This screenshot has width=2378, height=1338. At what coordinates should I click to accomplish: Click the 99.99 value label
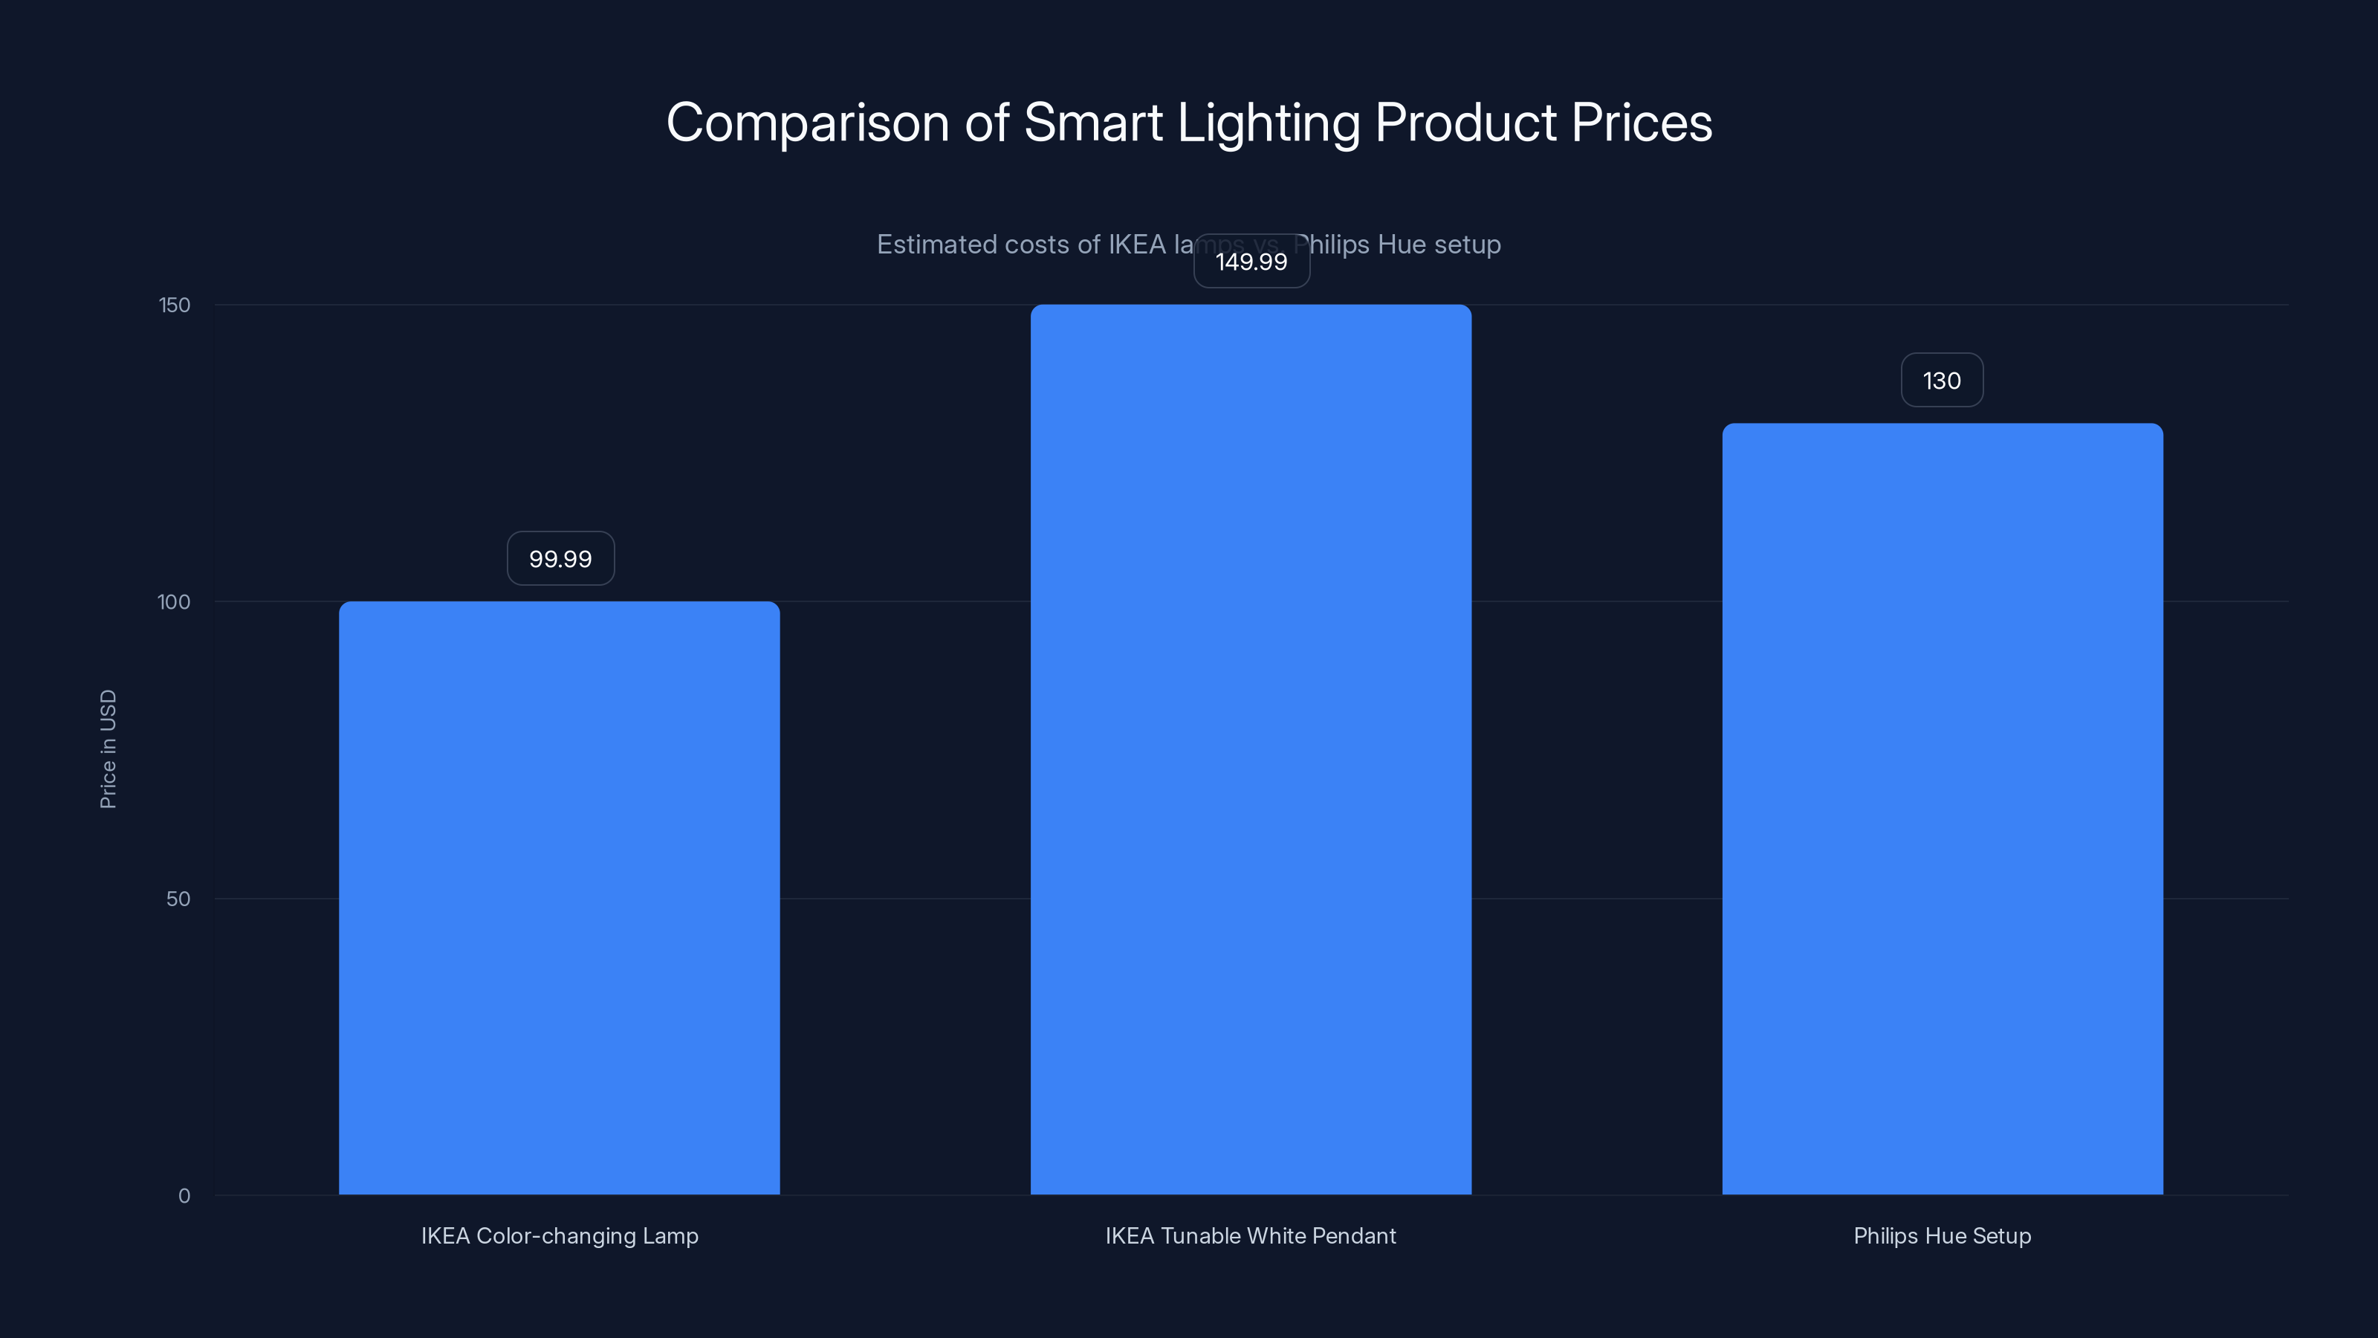[560, 559]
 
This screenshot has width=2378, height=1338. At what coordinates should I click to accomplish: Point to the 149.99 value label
[1251, 262]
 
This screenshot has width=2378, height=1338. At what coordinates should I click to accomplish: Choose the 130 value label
[1941, 381]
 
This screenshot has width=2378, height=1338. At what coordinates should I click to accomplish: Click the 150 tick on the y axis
[175, 306]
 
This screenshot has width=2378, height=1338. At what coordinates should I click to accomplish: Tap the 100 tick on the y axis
[174, 602]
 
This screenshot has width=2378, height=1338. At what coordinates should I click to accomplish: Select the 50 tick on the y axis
[178, 899]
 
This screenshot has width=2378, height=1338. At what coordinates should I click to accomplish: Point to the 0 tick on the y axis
[184, 1196]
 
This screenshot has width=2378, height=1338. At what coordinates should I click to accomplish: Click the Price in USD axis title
[108, 749]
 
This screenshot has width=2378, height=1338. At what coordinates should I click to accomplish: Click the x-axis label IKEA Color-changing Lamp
[560, 1235]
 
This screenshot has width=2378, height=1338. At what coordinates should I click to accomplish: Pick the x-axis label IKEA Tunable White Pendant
[1250, 1235]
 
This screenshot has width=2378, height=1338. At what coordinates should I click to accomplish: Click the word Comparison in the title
[807, 123]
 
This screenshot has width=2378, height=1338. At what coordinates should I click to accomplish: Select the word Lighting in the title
[1268, 123]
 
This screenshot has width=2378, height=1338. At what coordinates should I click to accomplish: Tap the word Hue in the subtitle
[1402, 245]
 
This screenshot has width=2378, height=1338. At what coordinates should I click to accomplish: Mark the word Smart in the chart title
[1093, 123]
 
